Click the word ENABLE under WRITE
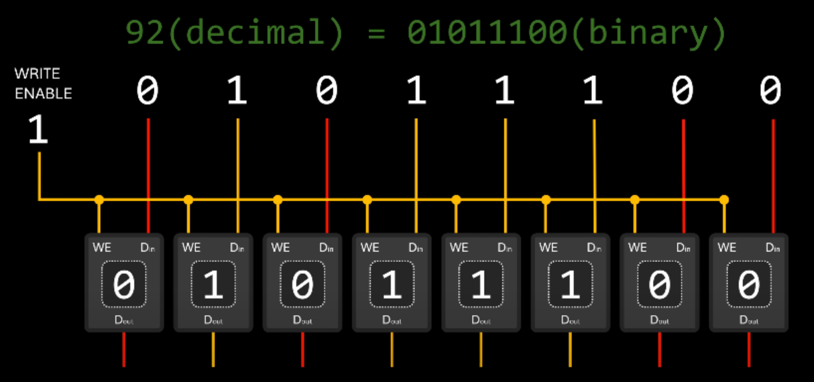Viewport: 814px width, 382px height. [x=43, y=94]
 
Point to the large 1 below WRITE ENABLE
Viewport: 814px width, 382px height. [x=38, y=131]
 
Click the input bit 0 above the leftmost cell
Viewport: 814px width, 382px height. [x=148, y=91]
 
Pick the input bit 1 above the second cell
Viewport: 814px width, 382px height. [x=237, y=91]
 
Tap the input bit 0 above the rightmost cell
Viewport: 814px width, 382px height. [x=770, y=91]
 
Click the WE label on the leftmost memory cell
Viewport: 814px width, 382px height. [x=101, y=248]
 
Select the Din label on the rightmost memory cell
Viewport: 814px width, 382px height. [x=772, y=248]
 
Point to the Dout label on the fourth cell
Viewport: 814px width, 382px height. [x=392, y=320]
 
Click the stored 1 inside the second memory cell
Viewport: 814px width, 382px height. [x=213, y=285]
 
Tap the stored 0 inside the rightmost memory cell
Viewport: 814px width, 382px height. [x=749, y=285]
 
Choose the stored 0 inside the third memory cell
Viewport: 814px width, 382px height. [x=302, y=285]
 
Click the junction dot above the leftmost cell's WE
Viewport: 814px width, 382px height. [x=99, y=199]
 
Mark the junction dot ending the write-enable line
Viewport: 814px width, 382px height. [x=724, y=199]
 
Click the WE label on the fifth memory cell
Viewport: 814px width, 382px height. [x=459, y=248]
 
